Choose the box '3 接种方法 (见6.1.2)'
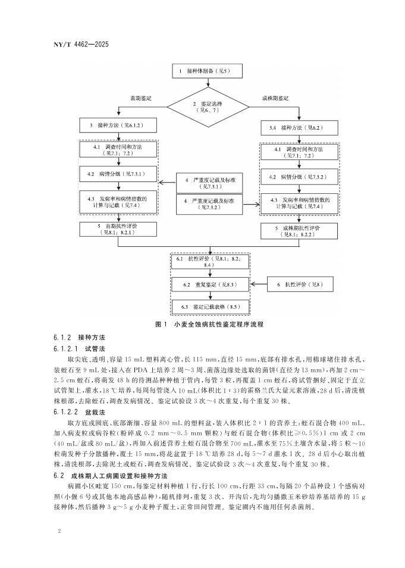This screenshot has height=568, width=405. click(x=118, y=126)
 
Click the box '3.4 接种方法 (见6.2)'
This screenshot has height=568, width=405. click(x=299, y=128)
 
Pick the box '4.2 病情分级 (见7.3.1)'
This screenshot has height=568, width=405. click(x=118, y=174)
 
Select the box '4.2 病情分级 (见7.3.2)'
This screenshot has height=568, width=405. click(x=299, y=177)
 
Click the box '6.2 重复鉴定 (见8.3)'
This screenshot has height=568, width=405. click(x=209, y=285)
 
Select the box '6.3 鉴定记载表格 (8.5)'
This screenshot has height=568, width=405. click(x=209, y=307)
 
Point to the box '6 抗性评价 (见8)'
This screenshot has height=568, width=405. click(x=299, y=285)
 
